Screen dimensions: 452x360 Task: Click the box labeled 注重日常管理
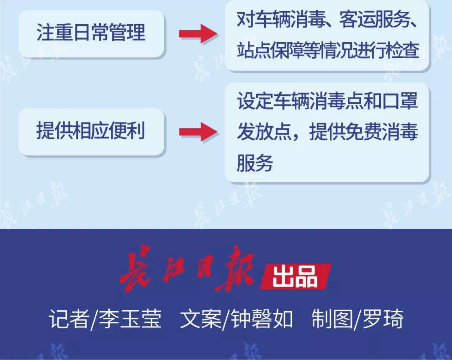click(92, 34)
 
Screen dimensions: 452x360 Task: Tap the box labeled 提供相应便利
click(92, 132)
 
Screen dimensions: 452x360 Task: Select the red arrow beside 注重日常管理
click(198, 34)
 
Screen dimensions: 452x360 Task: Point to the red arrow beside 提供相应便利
click(198, 132)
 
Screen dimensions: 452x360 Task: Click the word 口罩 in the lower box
click(400, 101)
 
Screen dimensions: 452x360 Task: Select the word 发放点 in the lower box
click(264, 132)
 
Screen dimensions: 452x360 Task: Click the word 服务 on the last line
click(255, 163)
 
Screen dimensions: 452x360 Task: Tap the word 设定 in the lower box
click(255, 101)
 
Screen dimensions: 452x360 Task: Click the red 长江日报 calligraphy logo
click(187, 268)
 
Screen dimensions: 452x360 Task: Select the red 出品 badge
click(295, 276)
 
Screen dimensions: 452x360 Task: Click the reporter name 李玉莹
click(130, 319)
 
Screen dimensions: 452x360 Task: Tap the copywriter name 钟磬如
click(262, 319)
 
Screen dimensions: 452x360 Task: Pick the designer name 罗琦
click(383, 319)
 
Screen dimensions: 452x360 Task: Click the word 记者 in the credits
click(69, 319)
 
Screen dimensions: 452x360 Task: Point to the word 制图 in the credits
click(332, 319)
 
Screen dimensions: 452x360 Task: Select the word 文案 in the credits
click(200, 319)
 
